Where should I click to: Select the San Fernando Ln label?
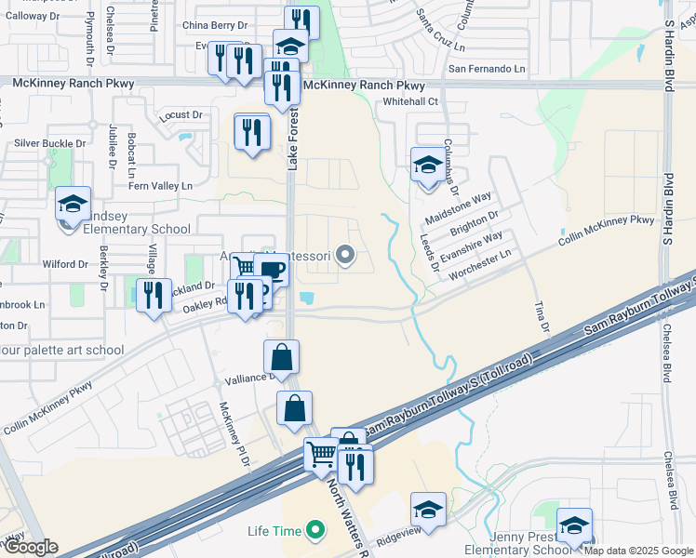487,69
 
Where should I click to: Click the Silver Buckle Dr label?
49,144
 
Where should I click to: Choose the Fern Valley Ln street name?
160,186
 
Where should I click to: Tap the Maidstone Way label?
457,206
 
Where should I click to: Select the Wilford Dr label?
64,264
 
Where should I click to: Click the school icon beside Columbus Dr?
427,166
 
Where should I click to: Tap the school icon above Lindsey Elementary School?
73,204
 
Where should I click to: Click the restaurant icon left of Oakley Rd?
154,295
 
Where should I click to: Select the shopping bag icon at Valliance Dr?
281,357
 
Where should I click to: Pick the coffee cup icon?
273,271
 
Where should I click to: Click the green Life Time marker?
315,531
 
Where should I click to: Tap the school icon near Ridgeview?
428,510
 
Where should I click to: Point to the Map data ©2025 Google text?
639,551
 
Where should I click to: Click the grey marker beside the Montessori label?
346,254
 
